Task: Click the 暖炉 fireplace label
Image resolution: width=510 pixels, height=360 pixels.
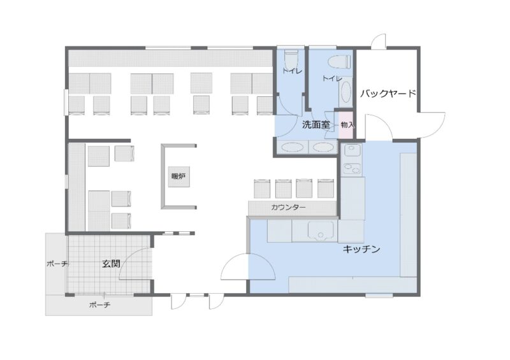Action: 178,176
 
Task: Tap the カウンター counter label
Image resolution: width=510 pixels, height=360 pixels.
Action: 288,207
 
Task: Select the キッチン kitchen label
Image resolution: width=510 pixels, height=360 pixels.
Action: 361,249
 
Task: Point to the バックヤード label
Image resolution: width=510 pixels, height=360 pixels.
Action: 388,94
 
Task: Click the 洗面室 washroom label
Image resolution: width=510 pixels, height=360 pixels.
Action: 316,124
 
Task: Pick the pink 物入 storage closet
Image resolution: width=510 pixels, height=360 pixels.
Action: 347,125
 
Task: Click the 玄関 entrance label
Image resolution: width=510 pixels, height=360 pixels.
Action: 111,264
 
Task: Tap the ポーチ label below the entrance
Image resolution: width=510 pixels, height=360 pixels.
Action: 99,305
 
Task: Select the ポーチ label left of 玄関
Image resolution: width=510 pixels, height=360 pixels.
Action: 57,264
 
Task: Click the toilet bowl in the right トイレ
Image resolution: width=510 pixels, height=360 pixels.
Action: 340,61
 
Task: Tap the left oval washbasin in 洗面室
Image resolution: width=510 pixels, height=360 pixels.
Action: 293,147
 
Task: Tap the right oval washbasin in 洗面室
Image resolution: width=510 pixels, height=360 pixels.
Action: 323,147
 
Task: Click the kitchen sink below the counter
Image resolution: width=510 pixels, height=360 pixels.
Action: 321,231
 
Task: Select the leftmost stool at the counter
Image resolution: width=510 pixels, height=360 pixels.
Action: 262,189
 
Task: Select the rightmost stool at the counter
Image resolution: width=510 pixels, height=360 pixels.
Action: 326,188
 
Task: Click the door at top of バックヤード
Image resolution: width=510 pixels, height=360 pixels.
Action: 379,41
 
